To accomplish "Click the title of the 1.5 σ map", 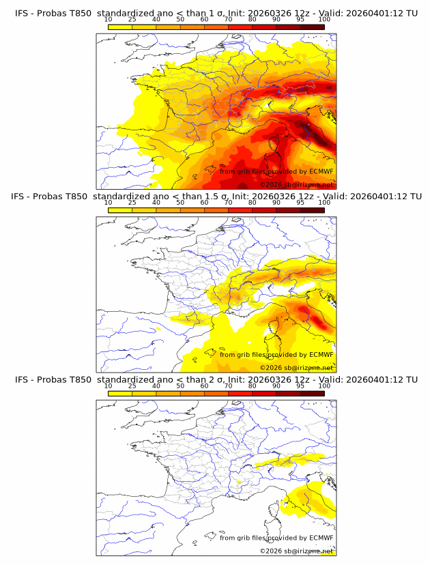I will [216, 197].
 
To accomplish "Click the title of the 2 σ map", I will [216, 379].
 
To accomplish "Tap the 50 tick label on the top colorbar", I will [180, 19].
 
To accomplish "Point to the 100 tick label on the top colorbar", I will [324, 19].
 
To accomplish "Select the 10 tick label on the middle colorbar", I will [109, 203].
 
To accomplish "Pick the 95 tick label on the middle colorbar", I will [300, 203].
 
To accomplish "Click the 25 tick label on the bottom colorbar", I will [132, 386].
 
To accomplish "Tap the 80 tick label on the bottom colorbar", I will [253, 386].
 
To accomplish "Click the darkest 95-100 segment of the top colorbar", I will [312, 27].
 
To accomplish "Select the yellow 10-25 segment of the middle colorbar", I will [120, 210].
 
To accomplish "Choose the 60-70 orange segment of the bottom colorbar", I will [216, 393].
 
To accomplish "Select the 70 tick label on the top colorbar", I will [229, 19].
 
